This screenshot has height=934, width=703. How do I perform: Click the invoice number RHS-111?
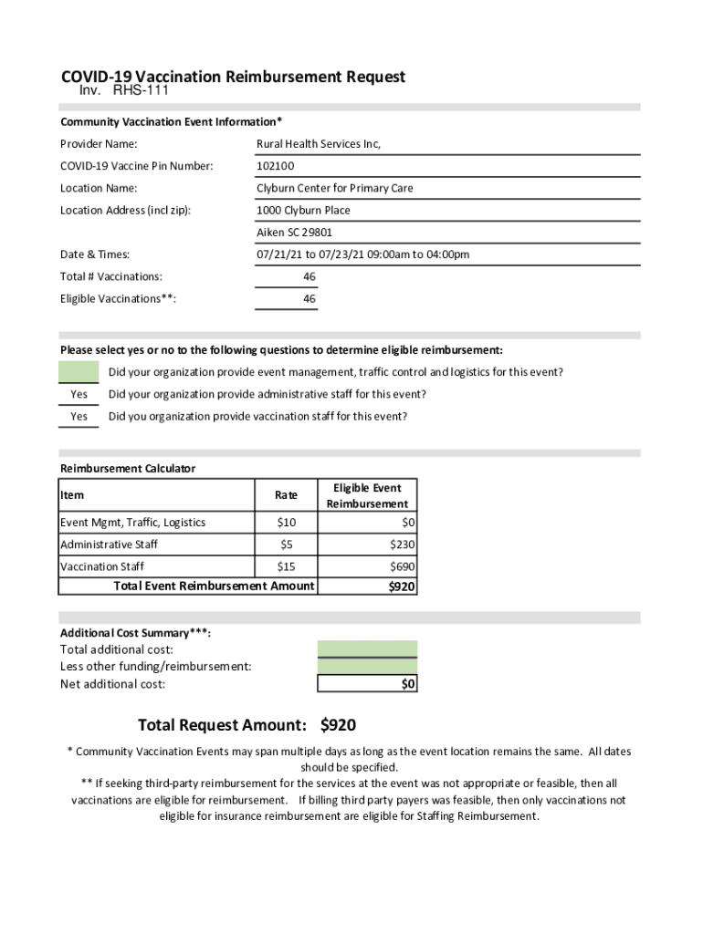tap(141, 90)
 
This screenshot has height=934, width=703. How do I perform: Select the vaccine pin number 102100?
tap(275, 166)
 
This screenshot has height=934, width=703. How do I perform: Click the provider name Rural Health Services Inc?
tap(319, 144)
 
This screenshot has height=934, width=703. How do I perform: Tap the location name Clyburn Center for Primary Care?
tap(334, 188)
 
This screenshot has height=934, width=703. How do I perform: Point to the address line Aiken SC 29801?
tap(294, 233)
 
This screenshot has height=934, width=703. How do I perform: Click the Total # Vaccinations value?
tap(310, 276)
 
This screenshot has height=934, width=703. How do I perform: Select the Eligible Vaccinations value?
tap(310, 299)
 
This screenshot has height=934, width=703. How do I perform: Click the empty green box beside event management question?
tap(79, 372)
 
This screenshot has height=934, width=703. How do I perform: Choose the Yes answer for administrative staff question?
tap(79, 395)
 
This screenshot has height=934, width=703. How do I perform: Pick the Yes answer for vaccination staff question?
tap(79, 417)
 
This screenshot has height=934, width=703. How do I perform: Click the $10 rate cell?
tap(286, 523)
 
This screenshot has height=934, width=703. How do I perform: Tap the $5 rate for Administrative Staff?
tap(286, 545)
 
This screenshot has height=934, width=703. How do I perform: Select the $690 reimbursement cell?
tap(401, 567)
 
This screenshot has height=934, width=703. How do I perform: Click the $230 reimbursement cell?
tap(401, 545)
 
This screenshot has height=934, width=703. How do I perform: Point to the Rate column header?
tap(286, 495)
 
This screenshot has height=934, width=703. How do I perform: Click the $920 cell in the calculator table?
tap(401, 586)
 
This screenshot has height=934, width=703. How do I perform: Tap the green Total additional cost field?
tap(367, 649)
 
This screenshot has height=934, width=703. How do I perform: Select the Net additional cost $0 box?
tap(367, 684)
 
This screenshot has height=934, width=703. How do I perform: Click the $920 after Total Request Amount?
tap(338, 726)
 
